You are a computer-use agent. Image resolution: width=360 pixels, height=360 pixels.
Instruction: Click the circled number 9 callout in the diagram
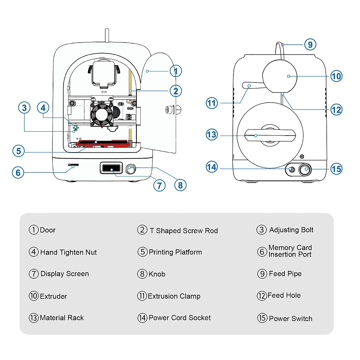[x=310, y=45]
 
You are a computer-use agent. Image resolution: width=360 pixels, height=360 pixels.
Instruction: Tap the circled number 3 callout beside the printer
[x=24, y=108]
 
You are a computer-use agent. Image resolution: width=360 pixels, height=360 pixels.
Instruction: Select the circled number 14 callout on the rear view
[x=211, y=167]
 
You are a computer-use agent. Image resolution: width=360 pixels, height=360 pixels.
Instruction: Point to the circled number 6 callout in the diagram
[x=18, y=172]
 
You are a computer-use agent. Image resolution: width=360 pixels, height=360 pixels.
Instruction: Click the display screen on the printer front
[x=111, y=168]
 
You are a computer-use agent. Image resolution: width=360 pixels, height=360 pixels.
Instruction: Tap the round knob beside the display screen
[x=130, y=169]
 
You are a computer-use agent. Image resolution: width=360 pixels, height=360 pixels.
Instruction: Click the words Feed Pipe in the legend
[x=285, y=274]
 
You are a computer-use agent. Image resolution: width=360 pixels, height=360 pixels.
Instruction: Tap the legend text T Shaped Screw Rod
[x=184, y=231]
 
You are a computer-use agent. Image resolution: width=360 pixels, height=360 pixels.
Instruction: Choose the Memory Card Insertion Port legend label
[x=290, y=251]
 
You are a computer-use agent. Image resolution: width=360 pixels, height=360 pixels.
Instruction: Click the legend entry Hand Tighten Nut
[x=68, y=252]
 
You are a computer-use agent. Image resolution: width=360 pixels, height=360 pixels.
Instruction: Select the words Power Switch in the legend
[x=290, y=319]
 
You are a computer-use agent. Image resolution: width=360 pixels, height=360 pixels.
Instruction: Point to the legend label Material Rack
[x=62, y=318]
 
